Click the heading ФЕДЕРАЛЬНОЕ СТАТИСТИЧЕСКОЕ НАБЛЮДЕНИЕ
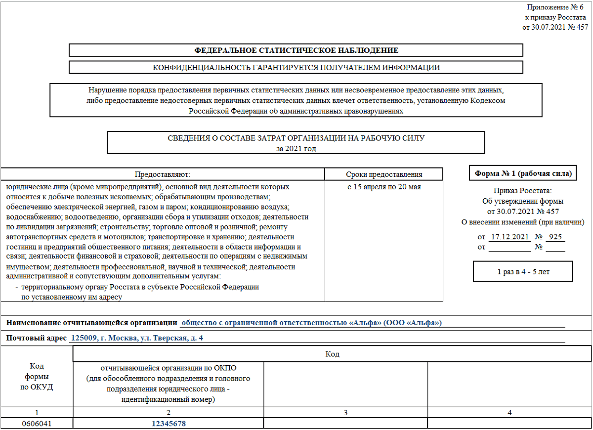[296, 50]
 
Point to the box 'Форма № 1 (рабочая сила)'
[523, 173]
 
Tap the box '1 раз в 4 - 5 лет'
[523, 272]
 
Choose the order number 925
[555, 237]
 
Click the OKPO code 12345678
[169, 424]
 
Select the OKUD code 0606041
[37, 424]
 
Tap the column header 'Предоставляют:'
[163, 174]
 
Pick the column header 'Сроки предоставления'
[383, 174]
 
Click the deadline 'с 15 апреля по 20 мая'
[383, 187]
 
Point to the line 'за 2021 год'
[296, 148]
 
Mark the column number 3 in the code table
[346, 412]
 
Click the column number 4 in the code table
[509, 412]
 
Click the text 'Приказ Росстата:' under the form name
[522, 191]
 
